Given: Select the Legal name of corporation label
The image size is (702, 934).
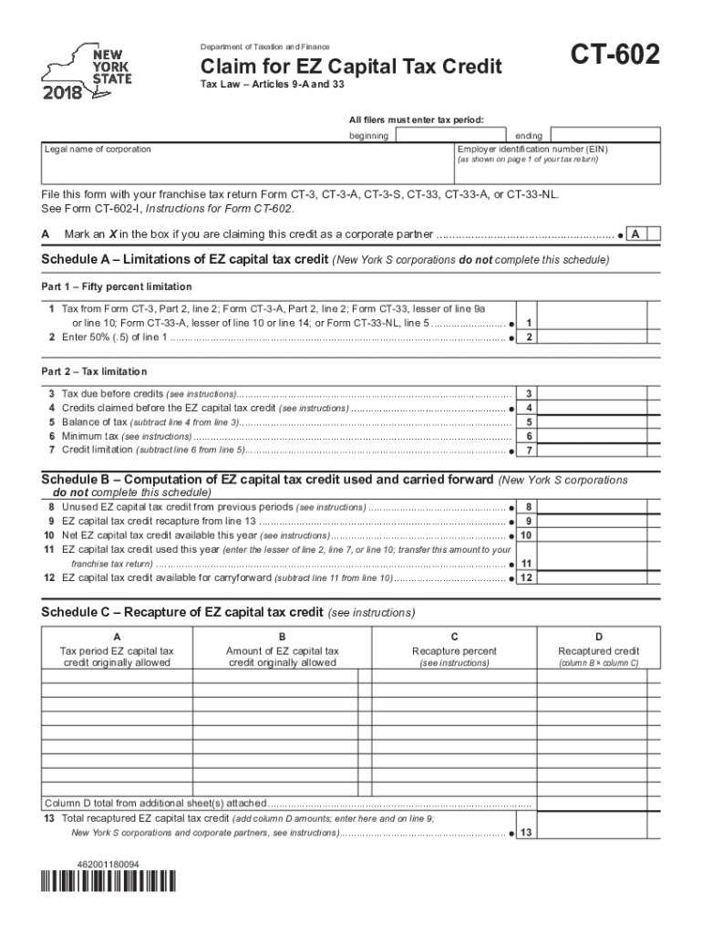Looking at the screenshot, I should (98, 149).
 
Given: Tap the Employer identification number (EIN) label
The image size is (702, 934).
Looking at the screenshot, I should (532, 149).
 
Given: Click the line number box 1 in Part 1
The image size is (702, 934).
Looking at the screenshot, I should (529, 323).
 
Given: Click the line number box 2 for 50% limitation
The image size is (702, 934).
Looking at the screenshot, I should (529, 337).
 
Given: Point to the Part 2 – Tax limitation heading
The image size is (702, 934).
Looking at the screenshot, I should (94, 372).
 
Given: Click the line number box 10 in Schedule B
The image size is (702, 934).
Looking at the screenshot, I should (526, 535).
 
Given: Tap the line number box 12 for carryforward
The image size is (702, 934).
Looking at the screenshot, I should (526, 578).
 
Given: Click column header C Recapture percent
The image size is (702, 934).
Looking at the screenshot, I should (454, 651).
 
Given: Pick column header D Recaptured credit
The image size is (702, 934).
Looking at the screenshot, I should (598, 651).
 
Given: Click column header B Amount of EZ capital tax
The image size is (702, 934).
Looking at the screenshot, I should (282, 651).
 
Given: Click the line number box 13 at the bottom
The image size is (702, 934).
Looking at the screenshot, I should (526, 833).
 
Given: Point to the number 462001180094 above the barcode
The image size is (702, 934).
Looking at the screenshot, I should (108, 863).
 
